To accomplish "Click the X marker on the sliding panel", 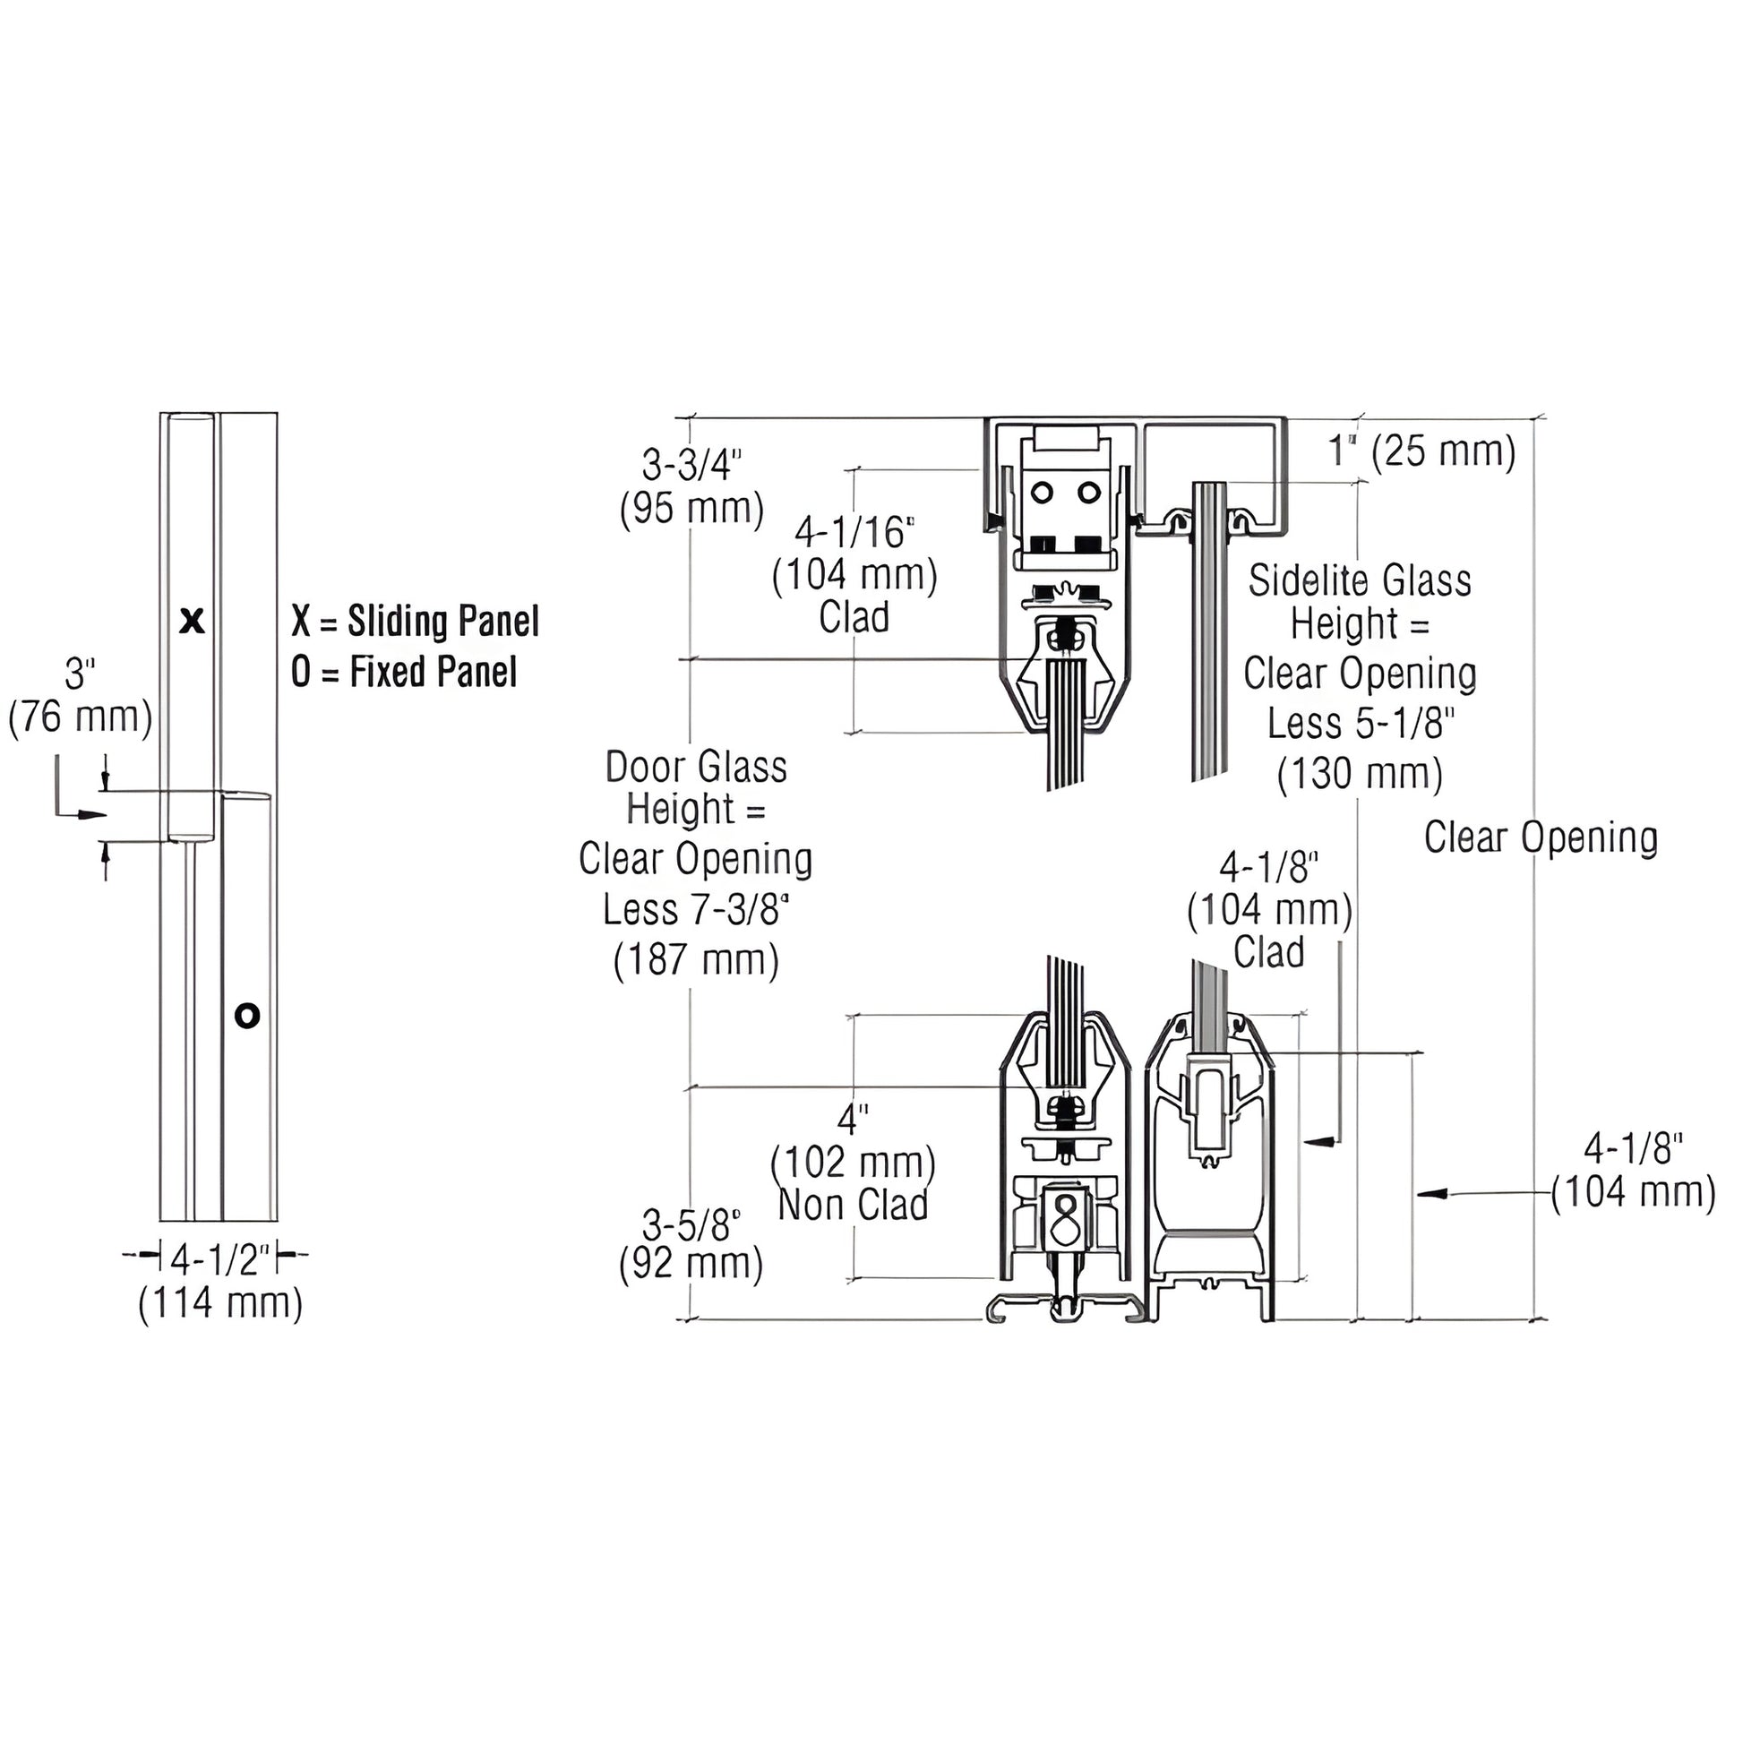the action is pyautogui.click(x=193, y=621).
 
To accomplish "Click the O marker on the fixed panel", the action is pyautogui.click(x=247, y=1015).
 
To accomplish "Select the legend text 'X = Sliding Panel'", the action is pyautogui.click(x=415, y=622).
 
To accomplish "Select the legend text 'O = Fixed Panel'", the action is pyautogui.click(x=404, y=672).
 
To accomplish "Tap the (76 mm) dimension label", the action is pyautogui.click(x=81, y=717).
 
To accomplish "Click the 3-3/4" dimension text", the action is pyautogui.click(x=691, y=464).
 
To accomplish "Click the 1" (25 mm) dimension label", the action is pyautogui.click(x=1422, y=450).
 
